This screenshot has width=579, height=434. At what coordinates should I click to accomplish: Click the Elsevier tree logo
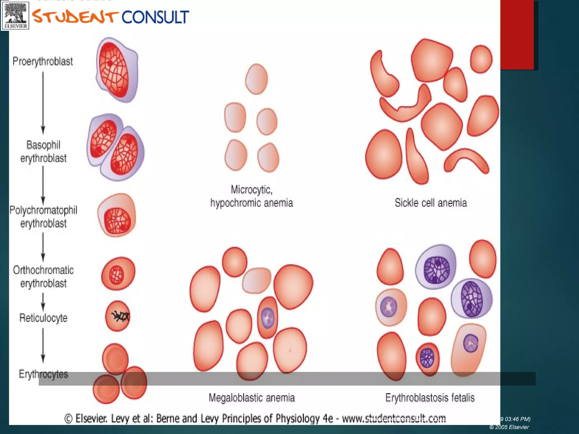point(16,15)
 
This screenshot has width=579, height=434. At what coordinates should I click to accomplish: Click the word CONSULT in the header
point(155,17)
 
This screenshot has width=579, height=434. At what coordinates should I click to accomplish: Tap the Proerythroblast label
point(43,61)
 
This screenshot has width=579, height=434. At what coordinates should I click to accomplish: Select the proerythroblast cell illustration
point(117,70)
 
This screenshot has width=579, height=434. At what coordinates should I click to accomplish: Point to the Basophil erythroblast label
point(43,151)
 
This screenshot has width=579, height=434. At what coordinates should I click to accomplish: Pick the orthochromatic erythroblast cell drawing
point(118,274)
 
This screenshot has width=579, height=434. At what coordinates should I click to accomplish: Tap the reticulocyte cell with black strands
point(118,316)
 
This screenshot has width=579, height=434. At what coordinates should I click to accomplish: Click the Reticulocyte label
point(43,318)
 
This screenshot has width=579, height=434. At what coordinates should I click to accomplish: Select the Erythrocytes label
point(43,374)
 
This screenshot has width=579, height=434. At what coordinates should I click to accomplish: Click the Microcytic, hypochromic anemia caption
point(251,196)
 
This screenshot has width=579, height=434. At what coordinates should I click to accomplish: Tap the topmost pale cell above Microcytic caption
point(256,79)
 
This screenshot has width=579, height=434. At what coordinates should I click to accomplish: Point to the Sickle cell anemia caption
point(431,203)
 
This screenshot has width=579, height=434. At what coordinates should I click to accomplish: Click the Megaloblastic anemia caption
point(252,398)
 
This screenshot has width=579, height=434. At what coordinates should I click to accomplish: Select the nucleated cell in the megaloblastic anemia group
point(267,317)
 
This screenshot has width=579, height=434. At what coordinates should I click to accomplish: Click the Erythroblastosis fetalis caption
point(430,398)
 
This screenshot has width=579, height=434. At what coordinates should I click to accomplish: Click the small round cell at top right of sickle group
point(481,59)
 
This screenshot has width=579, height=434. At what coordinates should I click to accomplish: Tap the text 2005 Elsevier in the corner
point(509,427)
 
